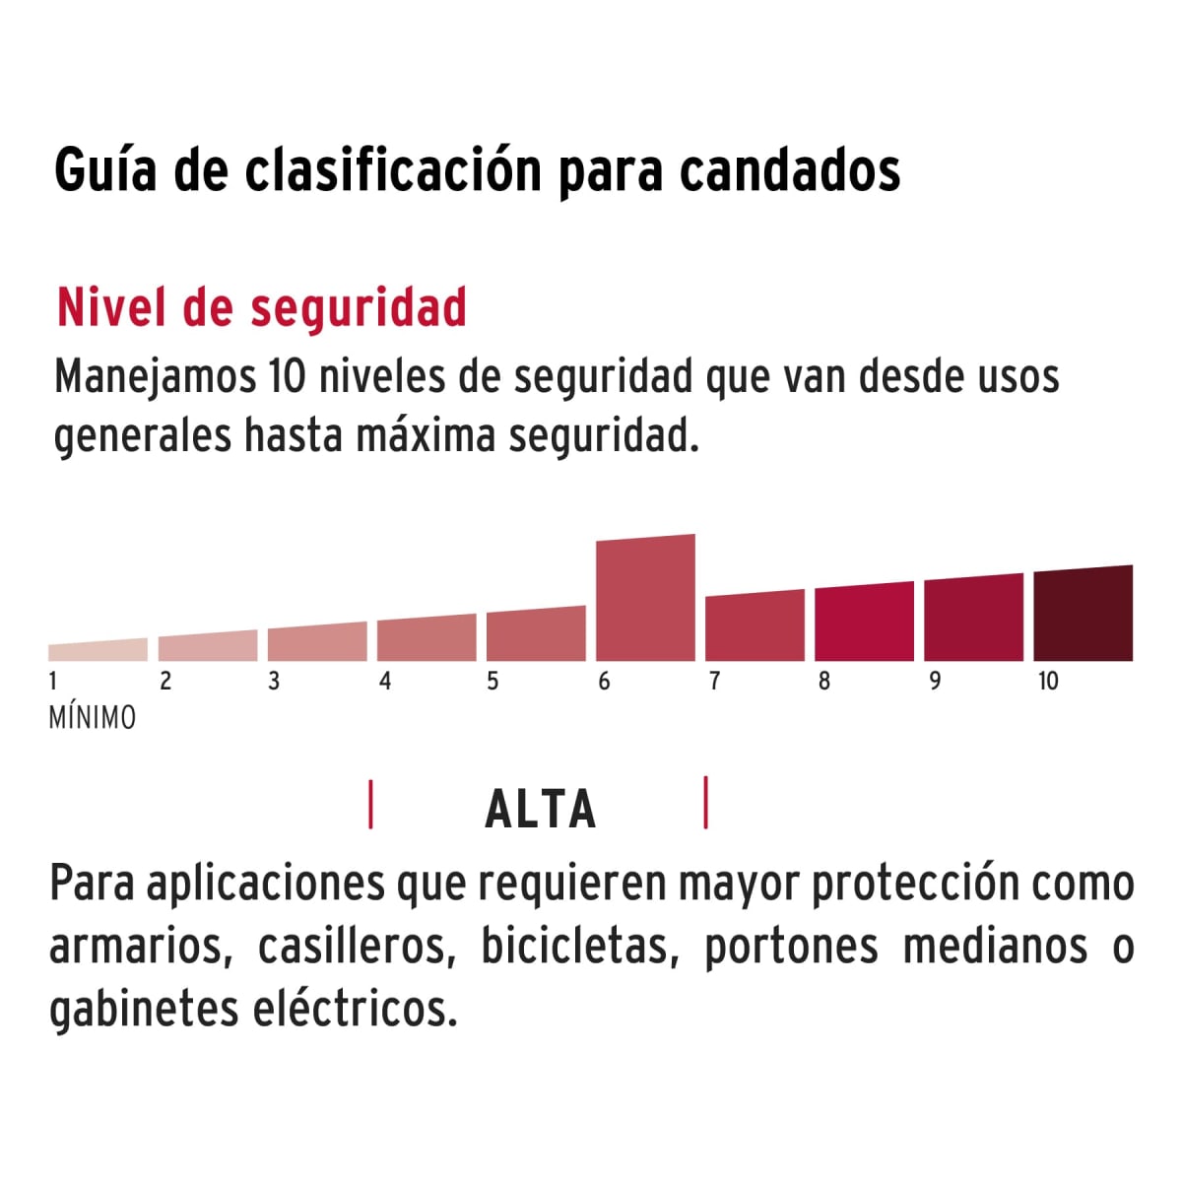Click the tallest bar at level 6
click(x=645, y=599)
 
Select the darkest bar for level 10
click(x=1083, y=615)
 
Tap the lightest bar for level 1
click(x=98, y=650)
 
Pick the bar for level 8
click(x=864, y=623)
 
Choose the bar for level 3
click(x=317, y=642)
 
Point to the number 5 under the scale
click(x=492, y=681)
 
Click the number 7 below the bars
click(x=714, y=681)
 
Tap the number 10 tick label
click(x=1047, y=681)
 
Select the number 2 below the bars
click(x=164, y=681)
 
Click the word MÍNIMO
click(x=92, y=718)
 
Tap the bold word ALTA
click(x=540, y=810)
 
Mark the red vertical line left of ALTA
click(x=370, y=804)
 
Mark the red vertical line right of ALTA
click(x=706, y=803)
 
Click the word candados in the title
click(x=790, y=170)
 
